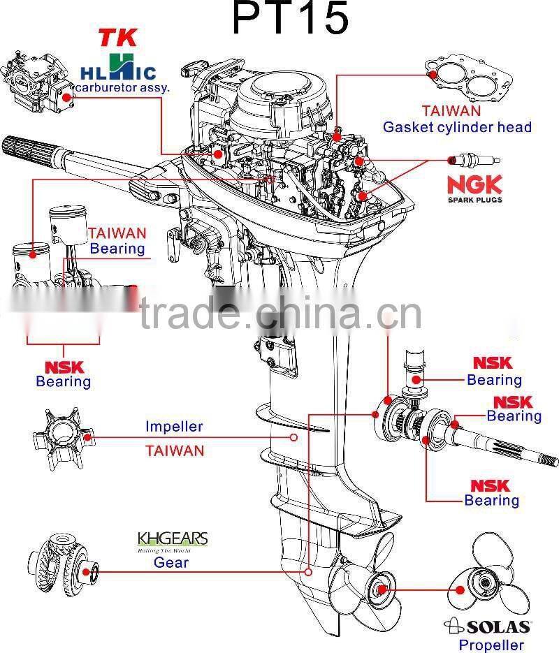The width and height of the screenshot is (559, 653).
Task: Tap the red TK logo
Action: pyautogui.click(x=118, y=38)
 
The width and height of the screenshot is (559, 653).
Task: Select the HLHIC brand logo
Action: pyautogui.click(x=118, y=68)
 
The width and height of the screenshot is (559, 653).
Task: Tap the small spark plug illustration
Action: pyautogui.click(x=474, y=161)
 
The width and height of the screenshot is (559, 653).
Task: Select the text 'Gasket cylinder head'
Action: pyautogui.click(x=458, y=127)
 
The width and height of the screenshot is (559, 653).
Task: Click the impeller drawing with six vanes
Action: pyautogui.click(x=64, y=439)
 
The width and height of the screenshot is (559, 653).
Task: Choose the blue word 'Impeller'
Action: pyautogui.click(x=174, y=427)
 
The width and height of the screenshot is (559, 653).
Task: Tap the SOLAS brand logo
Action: pyautogui.click(x=487, y=626)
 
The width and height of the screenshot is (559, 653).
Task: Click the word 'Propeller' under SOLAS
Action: pyautogui.click(x=491, y=645)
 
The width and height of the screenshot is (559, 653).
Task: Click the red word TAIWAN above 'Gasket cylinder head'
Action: pyautogui.click(x=451, y=111)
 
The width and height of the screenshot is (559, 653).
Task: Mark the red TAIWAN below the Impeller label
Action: pyautogui.click(x=175, y=450)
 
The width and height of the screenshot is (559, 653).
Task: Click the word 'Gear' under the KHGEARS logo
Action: pyautogui.click(x=170, y=563)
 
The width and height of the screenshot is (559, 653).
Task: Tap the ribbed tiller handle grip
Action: pyautogui.click(x=31, y=150)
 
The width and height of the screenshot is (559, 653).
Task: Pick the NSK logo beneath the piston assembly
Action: pyautogui.click(x=64, y=367)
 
